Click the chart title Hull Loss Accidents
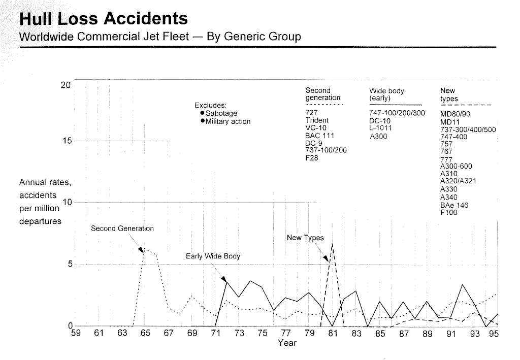click(x=104, y=19)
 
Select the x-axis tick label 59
click(x=75, y=334)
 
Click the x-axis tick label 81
click(x=333, y=334)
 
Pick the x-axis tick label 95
click(x=494, y=334)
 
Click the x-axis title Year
click(x=287, y=343)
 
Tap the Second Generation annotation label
click(x=122, y=228)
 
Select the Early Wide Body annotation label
click(x=213, y=256)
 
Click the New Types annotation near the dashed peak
click(x=305, y=238)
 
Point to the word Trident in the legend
click(x=317, y=121)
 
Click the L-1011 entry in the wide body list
click(x=380, y=128)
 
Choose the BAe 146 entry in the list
click(x=454, y=205)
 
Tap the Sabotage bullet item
click(x=221, y=113)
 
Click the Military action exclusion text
click(x=227, y=121)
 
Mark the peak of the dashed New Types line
click(x=332, y=244)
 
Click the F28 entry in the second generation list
click(x=311, y=158)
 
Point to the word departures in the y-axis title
click(x=40, y=221)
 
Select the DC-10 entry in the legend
click(x=380, y=121)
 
